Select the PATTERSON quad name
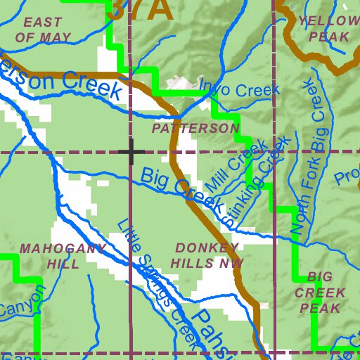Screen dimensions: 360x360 pyautogui.click(x=195, y=129)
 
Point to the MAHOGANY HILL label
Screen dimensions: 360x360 pyautogui.click(x=63, y=256)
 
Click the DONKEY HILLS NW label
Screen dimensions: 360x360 pyautogui.click(x=208, y=255)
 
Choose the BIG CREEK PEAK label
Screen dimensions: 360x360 pyautogui.click(x=320, y=292)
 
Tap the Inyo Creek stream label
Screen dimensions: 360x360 pyautogui.click(x=239, y=89)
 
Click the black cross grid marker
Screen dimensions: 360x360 pyautogui.click(x=131, y=151)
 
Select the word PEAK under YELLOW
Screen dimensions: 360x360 pyautogui.click(x=329, y=36)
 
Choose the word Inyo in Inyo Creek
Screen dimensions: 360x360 pyautogui.click(x=214, y=86)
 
